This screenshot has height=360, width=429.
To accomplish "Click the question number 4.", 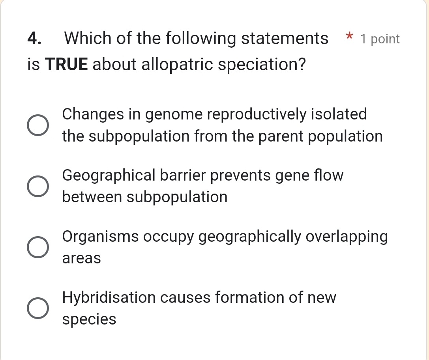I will [x=35, y=39].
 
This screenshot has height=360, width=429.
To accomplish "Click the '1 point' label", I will [x=380, y=39].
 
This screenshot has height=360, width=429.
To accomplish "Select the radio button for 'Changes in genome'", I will [x=38, y=125].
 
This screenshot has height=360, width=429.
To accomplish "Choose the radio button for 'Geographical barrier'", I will [x=38, y=186].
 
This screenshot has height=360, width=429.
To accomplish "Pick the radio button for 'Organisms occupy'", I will [x=38, y=247].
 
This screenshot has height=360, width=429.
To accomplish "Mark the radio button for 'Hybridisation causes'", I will [x=38, y=308].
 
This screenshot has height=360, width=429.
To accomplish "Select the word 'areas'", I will [x=82, y=259].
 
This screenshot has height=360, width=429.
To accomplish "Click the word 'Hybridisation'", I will [x=109, y=298].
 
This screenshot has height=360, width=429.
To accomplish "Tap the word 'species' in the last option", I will [x=90, y=319].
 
